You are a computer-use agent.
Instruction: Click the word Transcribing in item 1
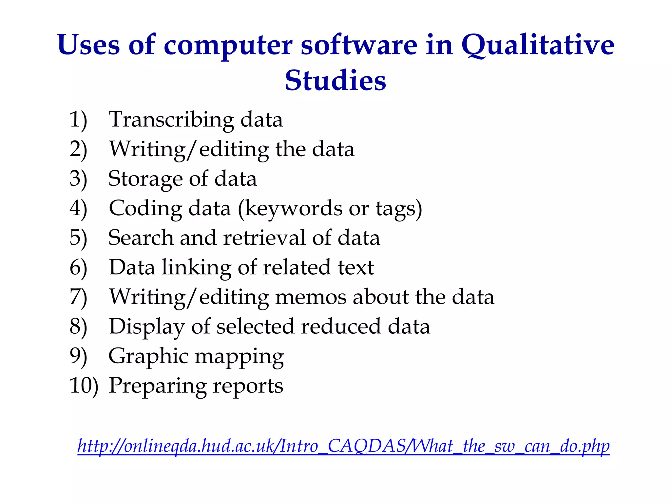[171, 120]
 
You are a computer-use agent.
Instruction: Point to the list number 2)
[78, 150]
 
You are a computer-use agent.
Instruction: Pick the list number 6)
[78, 268]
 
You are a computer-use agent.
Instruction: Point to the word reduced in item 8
[341, 327]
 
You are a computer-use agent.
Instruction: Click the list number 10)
[84, 386]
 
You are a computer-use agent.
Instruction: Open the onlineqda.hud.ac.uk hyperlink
[343, 446]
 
